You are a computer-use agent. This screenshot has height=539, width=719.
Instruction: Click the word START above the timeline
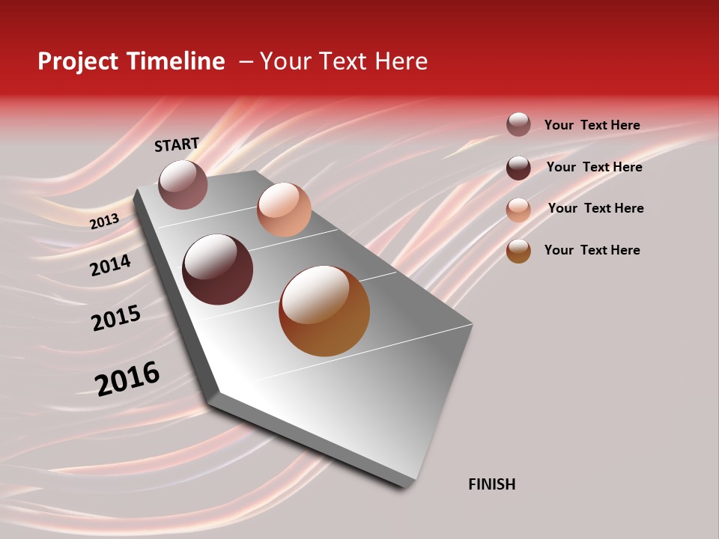(177, 144)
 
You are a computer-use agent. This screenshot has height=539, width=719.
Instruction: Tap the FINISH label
(491, 484)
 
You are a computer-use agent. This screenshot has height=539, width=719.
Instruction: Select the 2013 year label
(104, 221)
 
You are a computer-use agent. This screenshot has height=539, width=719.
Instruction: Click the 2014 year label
(110, 265)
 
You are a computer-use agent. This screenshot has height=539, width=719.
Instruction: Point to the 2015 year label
(115, 318)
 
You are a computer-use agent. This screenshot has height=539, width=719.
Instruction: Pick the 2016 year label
(127, 378)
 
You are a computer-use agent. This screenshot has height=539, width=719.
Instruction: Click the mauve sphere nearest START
(183, 185)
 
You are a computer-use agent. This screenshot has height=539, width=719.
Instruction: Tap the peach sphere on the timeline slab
(284, 210)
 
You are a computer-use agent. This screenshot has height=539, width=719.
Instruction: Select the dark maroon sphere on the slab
(218, 269)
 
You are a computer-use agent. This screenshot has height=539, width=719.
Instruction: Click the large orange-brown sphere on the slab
(324, 311)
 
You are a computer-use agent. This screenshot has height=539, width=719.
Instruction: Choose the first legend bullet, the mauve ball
(518, 124)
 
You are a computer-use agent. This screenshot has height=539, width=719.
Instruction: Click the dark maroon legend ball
(518, 167)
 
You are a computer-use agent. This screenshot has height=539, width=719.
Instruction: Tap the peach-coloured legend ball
(518, 209)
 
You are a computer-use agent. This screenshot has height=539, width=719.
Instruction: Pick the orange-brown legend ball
(518, 251)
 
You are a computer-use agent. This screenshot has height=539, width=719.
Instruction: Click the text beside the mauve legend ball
(592, 125)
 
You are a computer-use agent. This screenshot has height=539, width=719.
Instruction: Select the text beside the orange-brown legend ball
(592, 250)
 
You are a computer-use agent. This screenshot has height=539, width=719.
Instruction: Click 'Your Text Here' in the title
(344, 61)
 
